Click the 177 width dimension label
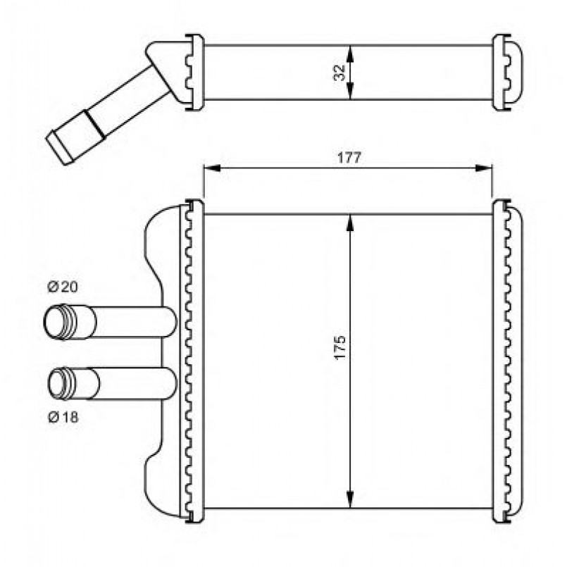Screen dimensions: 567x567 click(x=349, y=158)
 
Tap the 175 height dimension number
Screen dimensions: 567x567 click(x=340, y=347)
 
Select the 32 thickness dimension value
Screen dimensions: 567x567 click(x=339, y=73)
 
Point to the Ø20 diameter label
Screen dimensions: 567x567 click(x=63, y=287)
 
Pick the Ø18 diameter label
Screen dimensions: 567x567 click(x=63, y=418)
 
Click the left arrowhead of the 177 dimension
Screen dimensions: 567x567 click(x=212, y=168)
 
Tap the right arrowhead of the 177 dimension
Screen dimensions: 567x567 click(x=484, y=168)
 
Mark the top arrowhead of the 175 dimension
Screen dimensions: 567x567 click(x=349, y=223)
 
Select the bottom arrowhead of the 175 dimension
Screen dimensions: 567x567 click(x=349, y=499)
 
